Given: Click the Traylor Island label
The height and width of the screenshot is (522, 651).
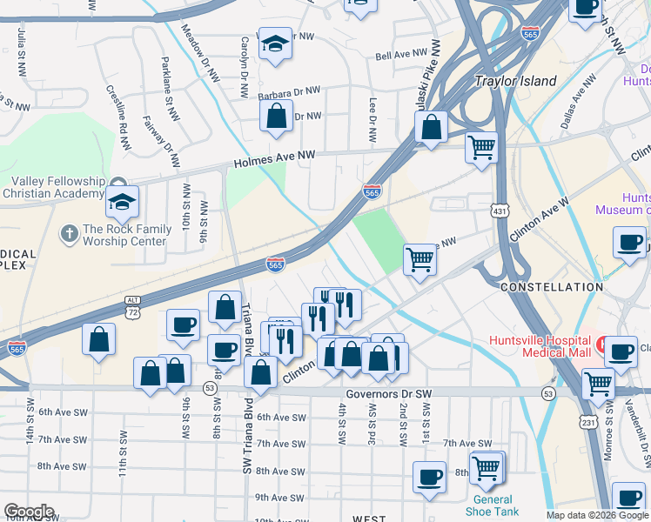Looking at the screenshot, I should tap(515, 81).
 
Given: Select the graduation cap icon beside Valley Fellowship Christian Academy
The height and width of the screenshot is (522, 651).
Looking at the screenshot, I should tap(123, 202).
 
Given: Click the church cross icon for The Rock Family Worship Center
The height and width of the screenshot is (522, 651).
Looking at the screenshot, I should tap(69, 233).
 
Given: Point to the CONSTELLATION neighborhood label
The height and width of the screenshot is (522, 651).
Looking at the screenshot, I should tap(552, 287).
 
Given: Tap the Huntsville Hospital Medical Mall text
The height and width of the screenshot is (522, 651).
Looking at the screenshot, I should tap(540, 346).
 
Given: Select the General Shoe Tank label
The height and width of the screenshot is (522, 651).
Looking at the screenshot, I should tap(493, 505).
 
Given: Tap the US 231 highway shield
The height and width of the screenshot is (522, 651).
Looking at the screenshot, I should tap(590, 422).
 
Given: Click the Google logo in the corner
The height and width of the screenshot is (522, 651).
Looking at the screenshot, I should tap(29, 512).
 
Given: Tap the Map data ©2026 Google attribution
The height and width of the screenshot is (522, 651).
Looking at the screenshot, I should tap(597, 515).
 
